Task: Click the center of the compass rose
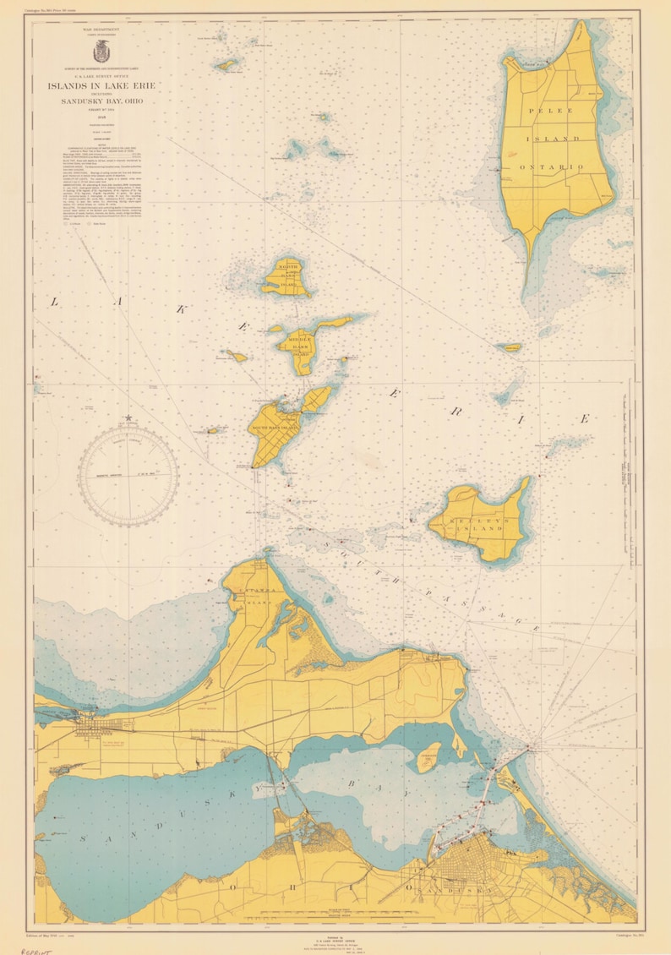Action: point(128,467)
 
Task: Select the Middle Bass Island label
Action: point(297,345)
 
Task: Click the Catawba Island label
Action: point(254,603)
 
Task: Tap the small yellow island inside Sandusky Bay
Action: point(429,756)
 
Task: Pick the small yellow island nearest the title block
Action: point(226,64)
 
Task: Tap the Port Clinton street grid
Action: point(87,724)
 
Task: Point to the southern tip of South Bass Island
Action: point(254,466)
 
